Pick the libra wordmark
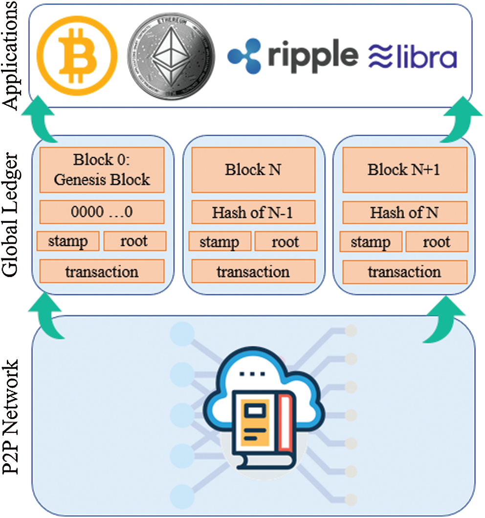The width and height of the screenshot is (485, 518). pos(425,55)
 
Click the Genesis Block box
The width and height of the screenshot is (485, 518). pos(102,170)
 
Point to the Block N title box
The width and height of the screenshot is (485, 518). pos(253,170)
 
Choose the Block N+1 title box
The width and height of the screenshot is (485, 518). pos(404,170)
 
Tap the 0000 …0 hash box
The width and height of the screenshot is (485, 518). pos(102,212)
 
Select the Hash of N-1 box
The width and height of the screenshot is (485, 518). pos(253,212)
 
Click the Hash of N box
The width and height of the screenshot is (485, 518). pos(404,212)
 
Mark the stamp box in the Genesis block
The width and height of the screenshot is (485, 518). pos(68,241)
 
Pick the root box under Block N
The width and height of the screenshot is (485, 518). pos(286,241)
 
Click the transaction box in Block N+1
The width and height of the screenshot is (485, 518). pos(404,272)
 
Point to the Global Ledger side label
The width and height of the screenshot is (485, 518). pos(12,215)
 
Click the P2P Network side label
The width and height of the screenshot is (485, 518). pos(12,416)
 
